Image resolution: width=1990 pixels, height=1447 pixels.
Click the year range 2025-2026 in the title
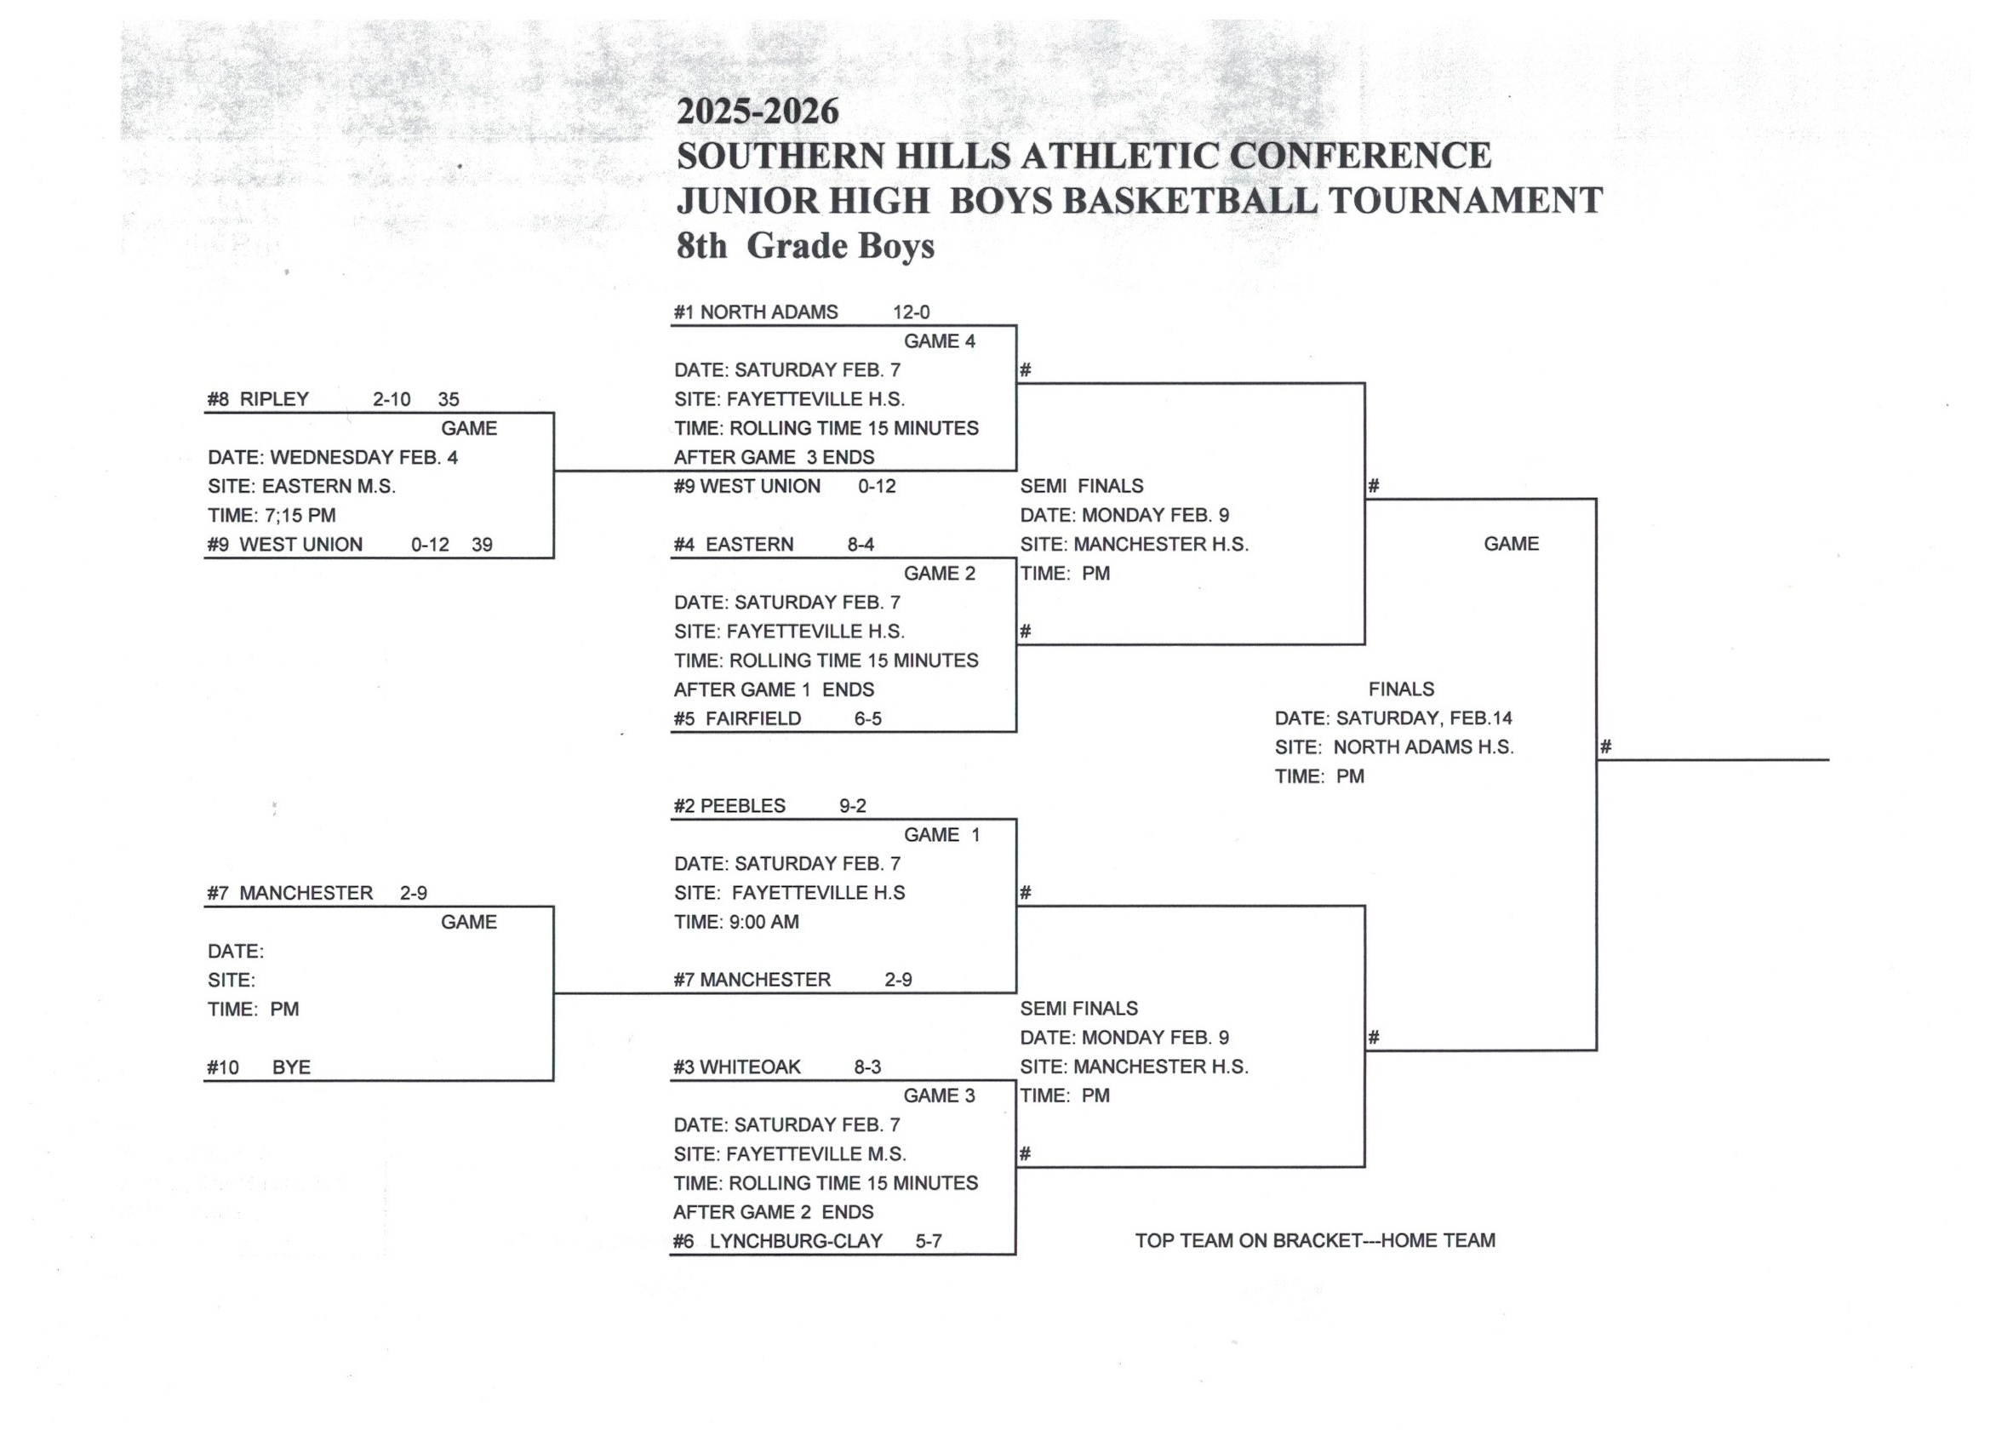[758, 112]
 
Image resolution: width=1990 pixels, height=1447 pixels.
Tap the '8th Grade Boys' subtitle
[804, 247]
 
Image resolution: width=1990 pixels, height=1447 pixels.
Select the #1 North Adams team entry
[756, 312]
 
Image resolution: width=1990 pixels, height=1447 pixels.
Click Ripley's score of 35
[449, 399]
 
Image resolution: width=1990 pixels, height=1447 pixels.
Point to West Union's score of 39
[482, 545]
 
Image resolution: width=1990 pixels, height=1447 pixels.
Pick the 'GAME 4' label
[939, 341]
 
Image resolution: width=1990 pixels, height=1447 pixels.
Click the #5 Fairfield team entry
[737, 718]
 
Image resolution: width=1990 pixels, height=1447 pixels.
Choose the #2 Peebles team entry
[729, 805]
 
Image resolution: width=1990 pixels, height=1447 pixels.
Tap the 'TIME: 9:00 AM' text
[736, 923]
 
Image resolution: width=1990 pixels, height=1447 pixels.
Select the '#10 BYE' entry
[259, 1067]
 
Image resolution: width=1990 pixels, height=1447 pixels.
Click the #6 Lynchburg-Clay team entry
[777, 1241]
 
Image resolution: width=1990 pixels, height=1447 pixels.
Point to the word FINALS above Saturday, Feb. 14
[1401, 689]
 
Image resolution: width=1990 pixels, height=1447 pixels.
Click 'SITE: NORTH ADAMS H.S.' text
[1393, 747]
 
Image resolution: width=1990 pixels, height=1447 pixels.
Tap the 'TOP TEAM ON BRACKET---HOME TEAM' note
[1314, 1241]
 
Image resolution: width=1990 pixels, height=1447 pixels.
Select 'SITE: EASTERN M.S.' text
[302, 486]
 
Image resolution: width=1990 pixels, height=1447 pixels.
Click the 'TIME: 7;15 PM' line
[272, 516]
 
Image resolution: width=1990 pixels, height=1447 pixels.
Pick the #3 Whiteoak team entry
[737, 1067]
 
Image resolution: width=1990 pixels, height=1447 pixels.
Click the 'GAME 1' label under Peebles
[941, 834]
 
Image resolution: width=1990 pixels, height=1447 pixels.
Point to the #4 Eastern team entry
[734, 545]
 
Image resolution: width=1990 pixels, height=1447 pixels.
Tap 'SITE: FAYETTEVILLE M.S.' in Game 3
[790, 1154]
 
